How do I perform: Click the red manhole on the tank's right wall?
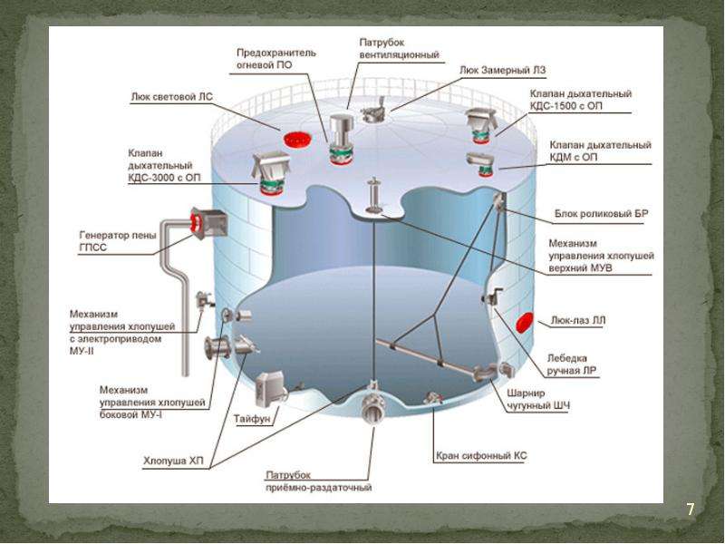524,323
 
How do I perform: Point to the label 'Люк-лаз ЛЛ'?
577,320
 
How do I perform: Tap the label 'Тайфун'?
250,419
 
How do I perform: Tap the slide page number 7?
690,510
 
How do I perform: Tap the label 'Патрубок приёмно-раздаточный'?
318,482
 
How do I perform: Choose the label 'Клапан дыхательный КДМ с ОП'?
601,151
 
